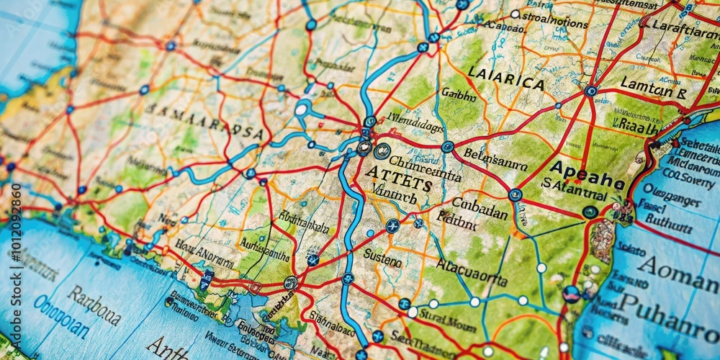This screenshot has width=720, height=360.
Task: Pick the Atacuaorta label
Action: [472, 272]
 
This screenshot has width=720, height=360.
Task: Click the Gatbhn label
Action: [459, 94]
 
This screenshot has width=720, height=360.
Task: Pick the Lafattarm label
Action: [685, 29]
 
